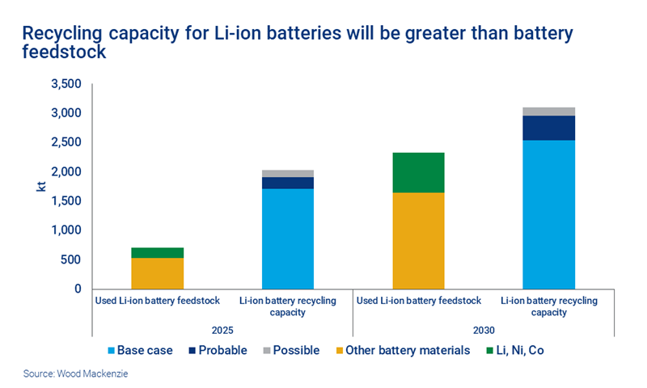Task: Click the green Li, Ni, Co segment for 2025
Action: click(x=157, y=252)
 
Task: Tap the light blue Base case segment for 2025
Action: click(x=287, y=238)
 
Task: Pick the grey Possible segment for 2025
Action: click(x=287, y=174)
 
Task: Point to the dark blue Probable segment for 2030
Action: click(x=548, y=128)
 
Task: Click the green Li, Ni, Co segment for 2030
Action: click(x=418, y=172)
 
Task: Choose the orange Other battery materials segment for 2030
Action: click(x=418, y=240)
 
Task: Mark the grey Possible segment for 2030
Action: click(x=548, y=112)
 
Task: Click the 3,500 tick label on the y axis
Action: click(x=66, y=84)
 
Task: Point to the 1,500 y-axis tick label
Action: click(x=66, y=201)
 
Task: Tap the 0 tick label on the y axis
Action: click(x=78, y=289)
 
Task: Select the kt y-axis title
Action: click(x=40, y=186)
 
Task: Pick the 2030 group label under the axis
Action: click(x=484, y=330)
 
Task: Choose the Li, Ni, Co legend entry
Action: click(x=524, y=351)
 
